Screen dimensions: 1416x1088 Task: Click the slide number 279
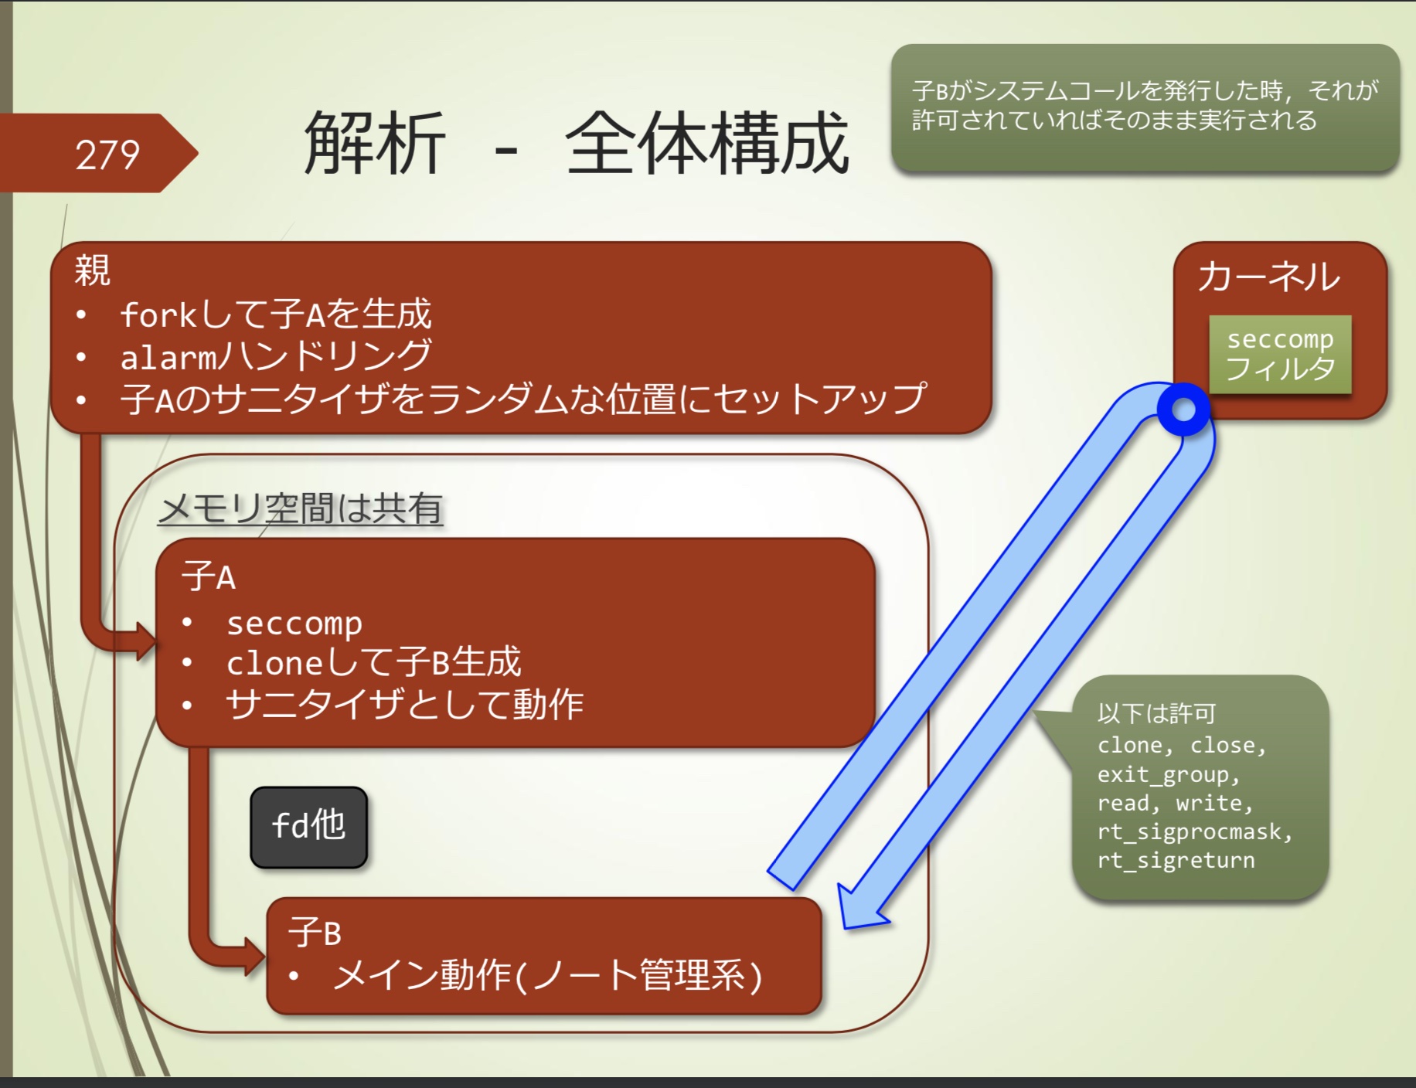[x=107, y=155]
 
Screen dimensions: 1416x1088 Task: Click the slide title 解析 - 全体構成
[x=576, y=144]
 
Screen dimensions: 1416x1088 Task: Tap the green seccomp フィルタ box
[x=1280, y=354]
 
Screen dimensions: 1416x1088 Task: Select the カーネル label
[x=1268, y=277]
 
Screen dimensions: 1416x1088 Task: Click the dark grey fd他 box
[x=308, y=826]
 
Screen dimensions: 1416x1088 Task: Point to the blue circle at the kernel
[x=1183, y=410]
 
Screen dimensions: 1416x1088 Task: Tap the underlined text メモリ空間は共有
[x=301, y=508]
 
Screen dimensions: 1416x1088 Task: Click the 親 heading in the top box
[x=92, y=270]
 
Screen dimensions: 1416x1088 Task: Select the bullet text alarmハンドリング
[x=275, y=356]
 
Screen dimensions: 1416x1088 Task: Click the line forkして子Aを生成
[x=275, y=314]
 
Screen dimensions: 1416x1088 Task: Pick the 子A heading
[x=208, y=576]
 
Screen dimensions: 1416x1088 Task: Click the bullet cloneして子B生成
[x=373, y=662]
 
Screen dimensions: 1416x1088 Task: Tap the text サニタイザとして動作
[x=404, y=704]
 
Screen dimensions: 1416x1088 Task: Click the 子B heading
[x=314, y=932]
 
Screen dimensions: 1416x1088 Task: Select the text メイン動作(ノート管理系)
[x=547, y=975]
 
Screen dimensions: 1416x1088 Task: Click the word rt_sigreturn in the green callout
[x=1176, y=860]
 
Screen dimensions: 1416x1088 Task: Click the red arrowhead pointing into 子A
[x=145, y=641]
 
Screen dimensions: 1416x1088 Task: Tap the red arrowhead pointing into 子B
[x=254, y=957]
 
